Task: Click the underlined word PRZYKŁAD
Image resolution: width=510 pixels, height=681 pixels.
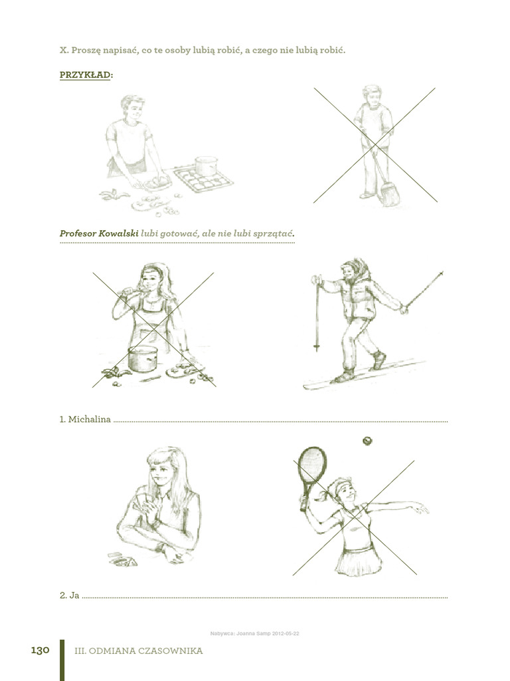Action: (x=85, y=75)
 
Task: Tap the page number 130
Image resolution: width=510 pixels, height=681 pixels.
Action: (x=41, y=650)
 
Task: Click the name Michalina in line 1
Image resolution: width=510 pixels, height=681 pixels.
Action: (x=89, y=420)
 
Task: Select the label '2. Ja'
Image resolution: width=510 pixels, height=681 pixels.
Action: (x=69, y=595)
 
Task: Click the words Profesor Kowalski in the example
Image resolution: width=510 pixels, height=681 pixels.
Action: (x=98, y=233)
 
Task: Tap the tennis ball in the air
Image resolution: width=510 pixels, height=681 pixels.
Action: (x=367, y=440)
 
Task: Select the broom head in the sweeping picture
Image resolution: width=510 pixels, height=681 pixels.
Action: (x=390, y=196)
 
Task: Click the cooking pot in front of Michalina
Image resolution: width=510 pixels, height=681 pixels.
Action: (x=142, y=359)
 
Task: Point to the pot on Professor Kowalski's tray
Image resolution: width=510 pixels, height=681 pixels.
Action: (x=206, y=166)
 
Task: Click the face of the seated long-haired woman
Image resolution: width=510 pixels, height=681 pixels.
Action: (x=161, y=472)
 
